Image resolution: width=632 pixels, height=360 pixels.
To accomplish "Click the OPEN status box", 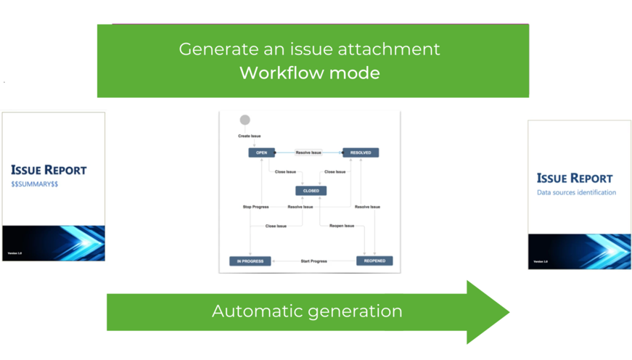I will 262,152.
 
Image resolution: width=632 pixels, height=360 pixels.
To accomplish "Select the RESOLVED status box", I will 361,152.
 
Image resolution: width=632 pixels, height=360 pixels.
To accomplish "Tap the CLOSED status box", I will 311,191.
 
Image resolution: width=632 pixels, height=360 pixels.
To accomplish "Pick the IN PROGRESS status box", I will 250,261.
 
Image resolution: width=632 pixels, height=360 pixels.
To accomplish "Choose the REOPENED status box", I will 374,261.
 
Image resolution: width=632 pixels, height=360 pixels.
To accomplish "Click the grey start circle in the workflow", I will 245,120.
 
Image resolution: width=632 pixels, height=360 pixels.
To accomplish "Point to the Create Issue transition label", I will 250,136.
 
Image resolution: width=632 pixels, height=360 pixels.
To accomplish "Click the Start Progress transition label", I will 313,261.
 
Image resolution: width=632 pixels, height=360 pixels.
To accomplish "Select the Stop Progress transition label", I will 255,207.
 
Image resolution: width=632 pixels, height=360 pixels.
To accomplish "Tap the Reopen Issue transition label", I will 342,226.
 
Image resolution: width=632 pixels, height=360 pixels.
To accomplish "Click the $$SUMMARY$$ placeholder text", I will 35,184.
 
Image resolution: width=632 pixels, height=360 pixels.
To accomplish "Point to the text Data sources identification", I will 576,192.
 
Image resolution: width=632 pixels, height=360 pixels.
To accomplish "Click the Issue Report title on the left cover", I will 49,171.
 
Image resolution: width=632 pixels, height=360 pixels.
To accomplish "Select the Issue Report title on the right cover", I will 575,179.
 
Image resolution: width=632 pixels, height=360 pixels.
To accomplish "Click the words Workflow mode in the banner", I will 310,73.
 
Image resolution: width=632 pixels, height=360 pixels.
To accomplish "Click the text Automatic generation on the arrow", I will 307,311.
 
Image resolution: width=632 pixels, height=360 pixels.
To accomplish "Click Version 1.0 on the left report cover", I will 14,253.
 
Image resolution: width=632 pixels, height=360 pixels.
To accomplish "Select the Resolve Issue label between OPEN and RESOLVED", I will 308,152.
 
